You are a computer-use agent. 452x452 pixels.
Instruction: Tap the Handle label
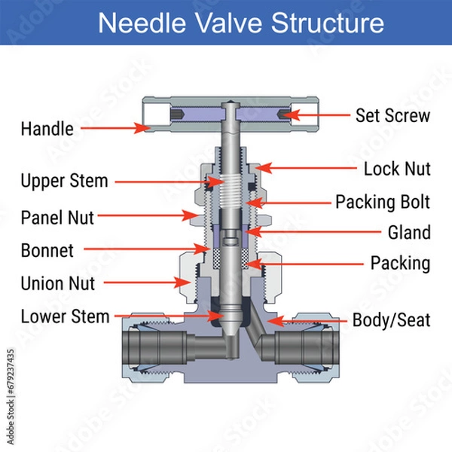point(47,129)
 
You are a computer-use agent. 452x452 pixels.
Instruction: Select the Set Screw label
point(392,115)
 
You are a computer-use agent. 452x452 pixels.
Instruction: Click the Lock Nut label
point(397,168)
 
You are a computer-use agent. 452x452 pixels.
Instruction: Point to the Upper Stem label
point(64,181)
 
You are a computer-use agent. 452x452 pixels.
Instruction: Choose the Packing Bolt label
point(383,202)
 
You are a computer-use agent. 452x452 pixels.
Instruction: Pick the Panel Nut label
point(57,218)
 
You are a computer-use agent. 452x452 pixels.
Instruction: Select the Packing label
point(400,264)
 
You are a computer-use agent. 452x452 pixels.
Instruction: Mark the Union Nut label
point(58,283)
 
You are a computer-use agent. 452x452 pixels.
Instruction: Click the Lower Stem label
point(65,316)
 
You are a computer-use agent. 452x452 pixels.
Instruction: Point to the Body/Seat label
point(392,320)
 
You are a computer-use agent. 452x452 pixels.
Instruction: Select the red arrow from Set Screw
point(316,115)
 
